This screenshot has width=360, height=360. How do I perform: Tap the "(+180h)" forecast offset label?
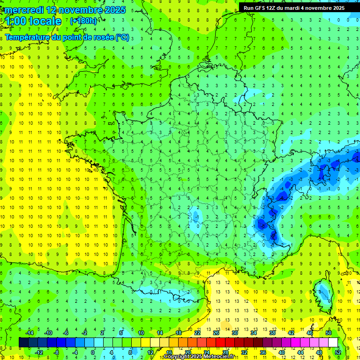point(83,21)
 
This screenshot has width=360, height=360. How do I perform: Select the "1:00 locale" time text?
point(34,21)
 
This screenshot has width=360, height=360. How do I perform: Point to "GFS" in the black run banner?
point(260,8)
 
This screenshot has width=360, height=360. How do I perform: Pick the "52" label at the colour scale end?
point(338,352)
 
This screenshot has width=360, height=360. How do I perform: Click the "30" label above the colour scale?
point(234,333)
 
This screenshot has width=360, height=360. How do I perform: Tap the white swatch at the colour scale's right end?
point(333,342)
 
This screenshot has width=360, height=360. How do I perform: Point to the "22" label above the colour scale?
point(197,333)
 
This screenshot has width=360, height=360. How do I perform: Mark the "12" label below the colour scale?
point(150,352)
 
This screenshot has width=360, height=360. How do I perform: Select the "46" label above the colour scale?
point(309,333)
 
